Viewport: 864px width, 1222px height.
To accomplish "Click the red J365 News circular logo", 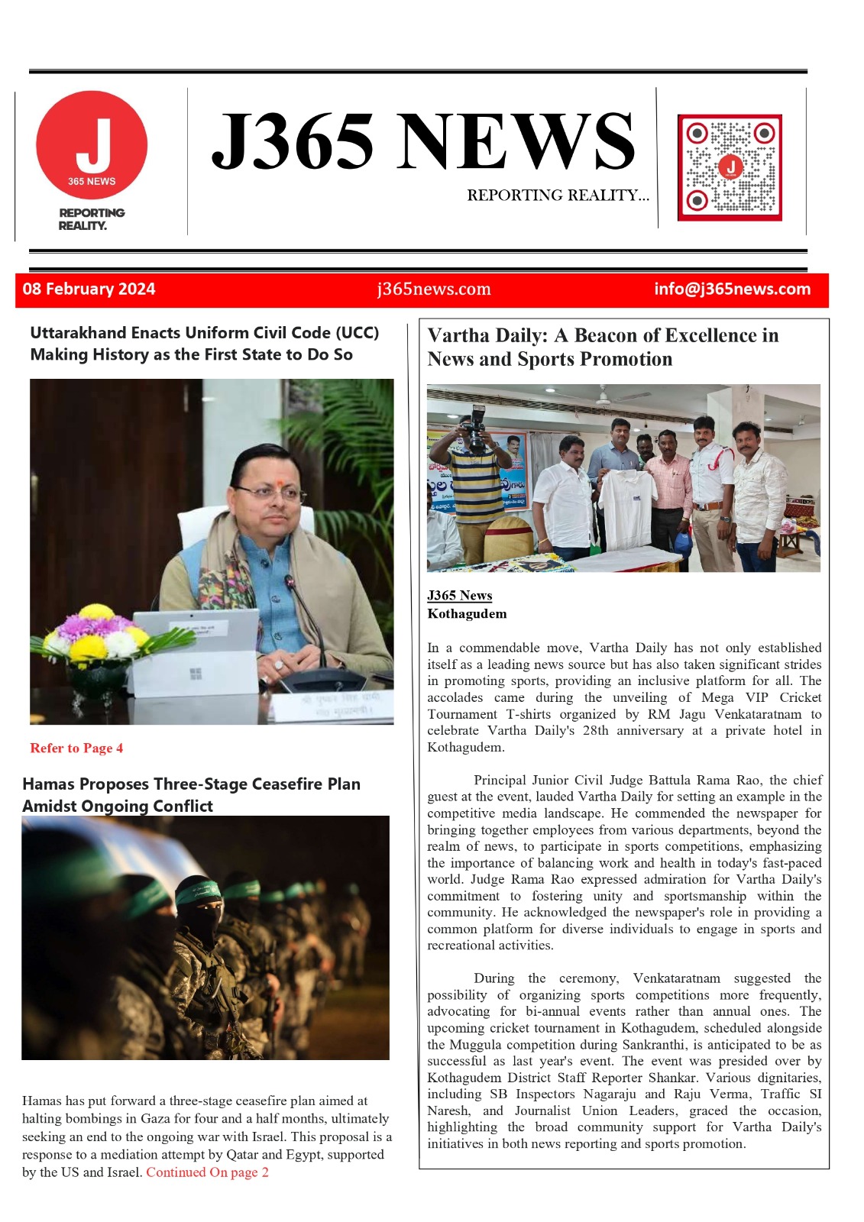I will pyautogui.click(x=92, y=146).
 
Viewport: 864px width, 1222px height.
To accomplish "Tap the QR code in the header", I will pyautogui.click(x=730, y=167).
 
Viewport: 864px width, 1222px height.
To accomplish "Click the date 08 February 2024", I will pyautogui.click(x=89, y=289).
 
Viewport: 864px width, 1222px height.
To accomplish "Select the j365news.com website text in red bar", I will pyautogui.click(x=433, y=289).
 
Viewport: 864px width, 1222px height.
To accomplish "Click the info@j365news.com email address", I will pyautogui.click(x=732, y=289).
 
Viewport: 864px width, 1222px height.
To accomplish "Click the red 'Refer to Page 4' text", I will pyautogui.click(x=76, y=748).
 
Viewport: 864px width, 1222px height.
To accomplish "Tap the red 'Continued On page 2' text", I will pyautogui.click(x=207, y=1172).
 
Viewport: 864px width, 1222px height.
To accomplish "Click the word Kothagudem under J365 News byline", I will pyautogui.click(x=467, y=614).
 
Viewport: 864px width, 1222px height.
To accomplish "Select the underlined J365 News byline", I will pyautogui.click(x=459, y=596).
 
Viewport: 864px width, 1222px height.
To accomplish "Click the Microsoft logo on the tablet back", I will pyautogui.click(x=196, y=674).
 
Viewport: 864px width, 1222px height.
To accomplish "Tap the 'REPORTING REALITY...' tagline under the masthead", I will pyautogui.click(x=558, y=196).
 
